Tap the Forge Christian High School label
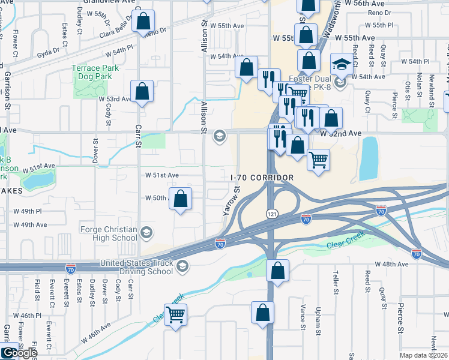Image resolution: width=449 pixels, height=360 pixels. click(109, 233)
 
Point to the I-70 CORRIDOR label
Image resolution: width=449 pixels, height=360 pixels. click(262, 178)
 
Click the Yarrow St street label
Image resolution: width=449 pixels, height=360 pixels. click(231, 200)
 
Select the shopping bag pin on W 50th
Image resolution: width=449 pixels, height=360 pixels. click(181, 199)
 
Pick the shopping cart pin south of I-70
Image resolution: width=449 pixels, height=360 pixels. click(175, 314)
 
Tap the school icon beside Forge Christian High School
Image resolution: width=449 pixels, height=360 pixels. click(146, 233)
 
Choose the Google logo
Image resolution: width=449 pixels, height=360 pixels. click(19, 353)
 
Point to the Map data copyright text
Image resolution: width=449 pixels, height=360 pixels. click(424, 355)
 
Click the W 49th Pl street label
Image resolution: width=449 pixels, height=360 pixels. click(28, 211)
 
